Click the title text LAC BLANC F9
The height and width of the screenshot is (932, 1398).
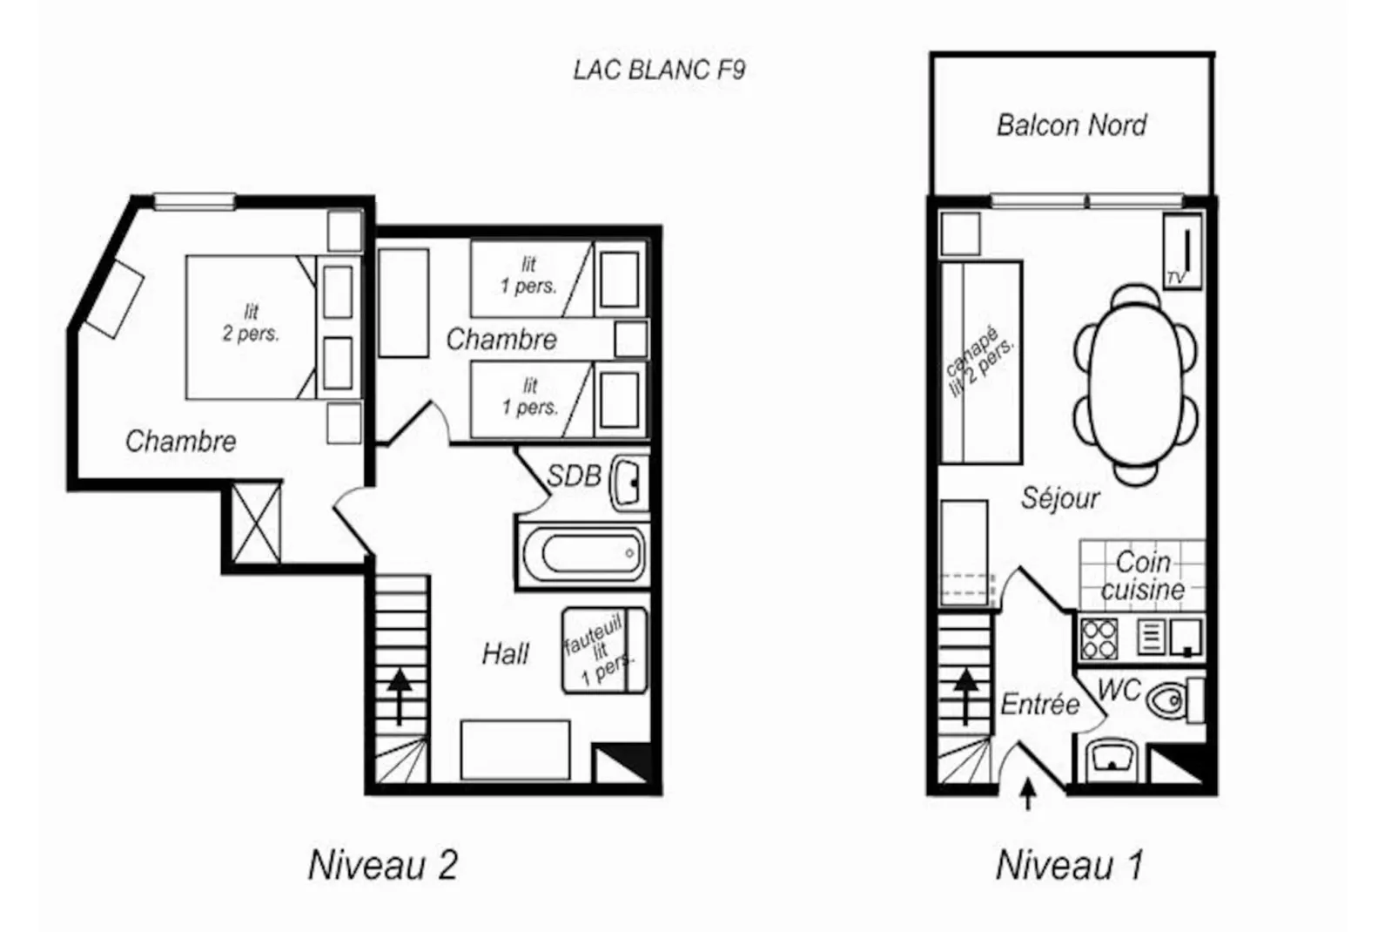[x=659, y=70]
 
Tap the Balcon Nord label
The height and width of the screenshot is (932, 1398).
[x=1071, y=125]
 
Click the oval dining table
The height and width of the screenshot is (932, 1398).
[x=1136, y=383]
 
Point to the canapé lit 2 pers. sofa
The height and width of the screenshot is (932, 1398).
[x=981, y=362]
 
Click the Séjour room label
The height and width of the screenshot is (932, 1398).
[x=1059, y=498]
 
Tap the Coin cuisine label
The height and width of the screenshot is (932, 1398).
[x=1142, y=575]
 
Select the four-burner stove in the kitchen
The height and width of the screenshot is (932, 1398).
[x=1099, y=638]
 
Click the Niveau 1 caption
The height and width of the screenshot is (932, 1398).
[x=1069, y=865]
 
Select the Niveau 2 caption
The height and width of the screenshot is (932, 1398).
[x=382, y=865]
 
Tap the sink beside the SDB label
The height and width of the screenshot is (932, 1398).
[x=628, y=482]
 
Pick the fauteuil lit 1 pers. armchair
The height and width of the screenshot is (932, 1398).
[x=604, y=651]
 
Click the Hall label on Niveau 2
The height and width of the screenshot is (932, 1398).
[x=505, y=653]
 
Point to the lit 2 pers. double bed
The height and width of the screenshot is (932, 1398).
[x=251, y=327]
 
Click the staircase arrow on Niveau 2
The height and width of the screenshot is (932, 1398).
[x=400, y=695]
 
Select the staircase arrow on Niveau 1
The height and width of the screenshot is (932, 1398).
[x=966, y=695]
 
